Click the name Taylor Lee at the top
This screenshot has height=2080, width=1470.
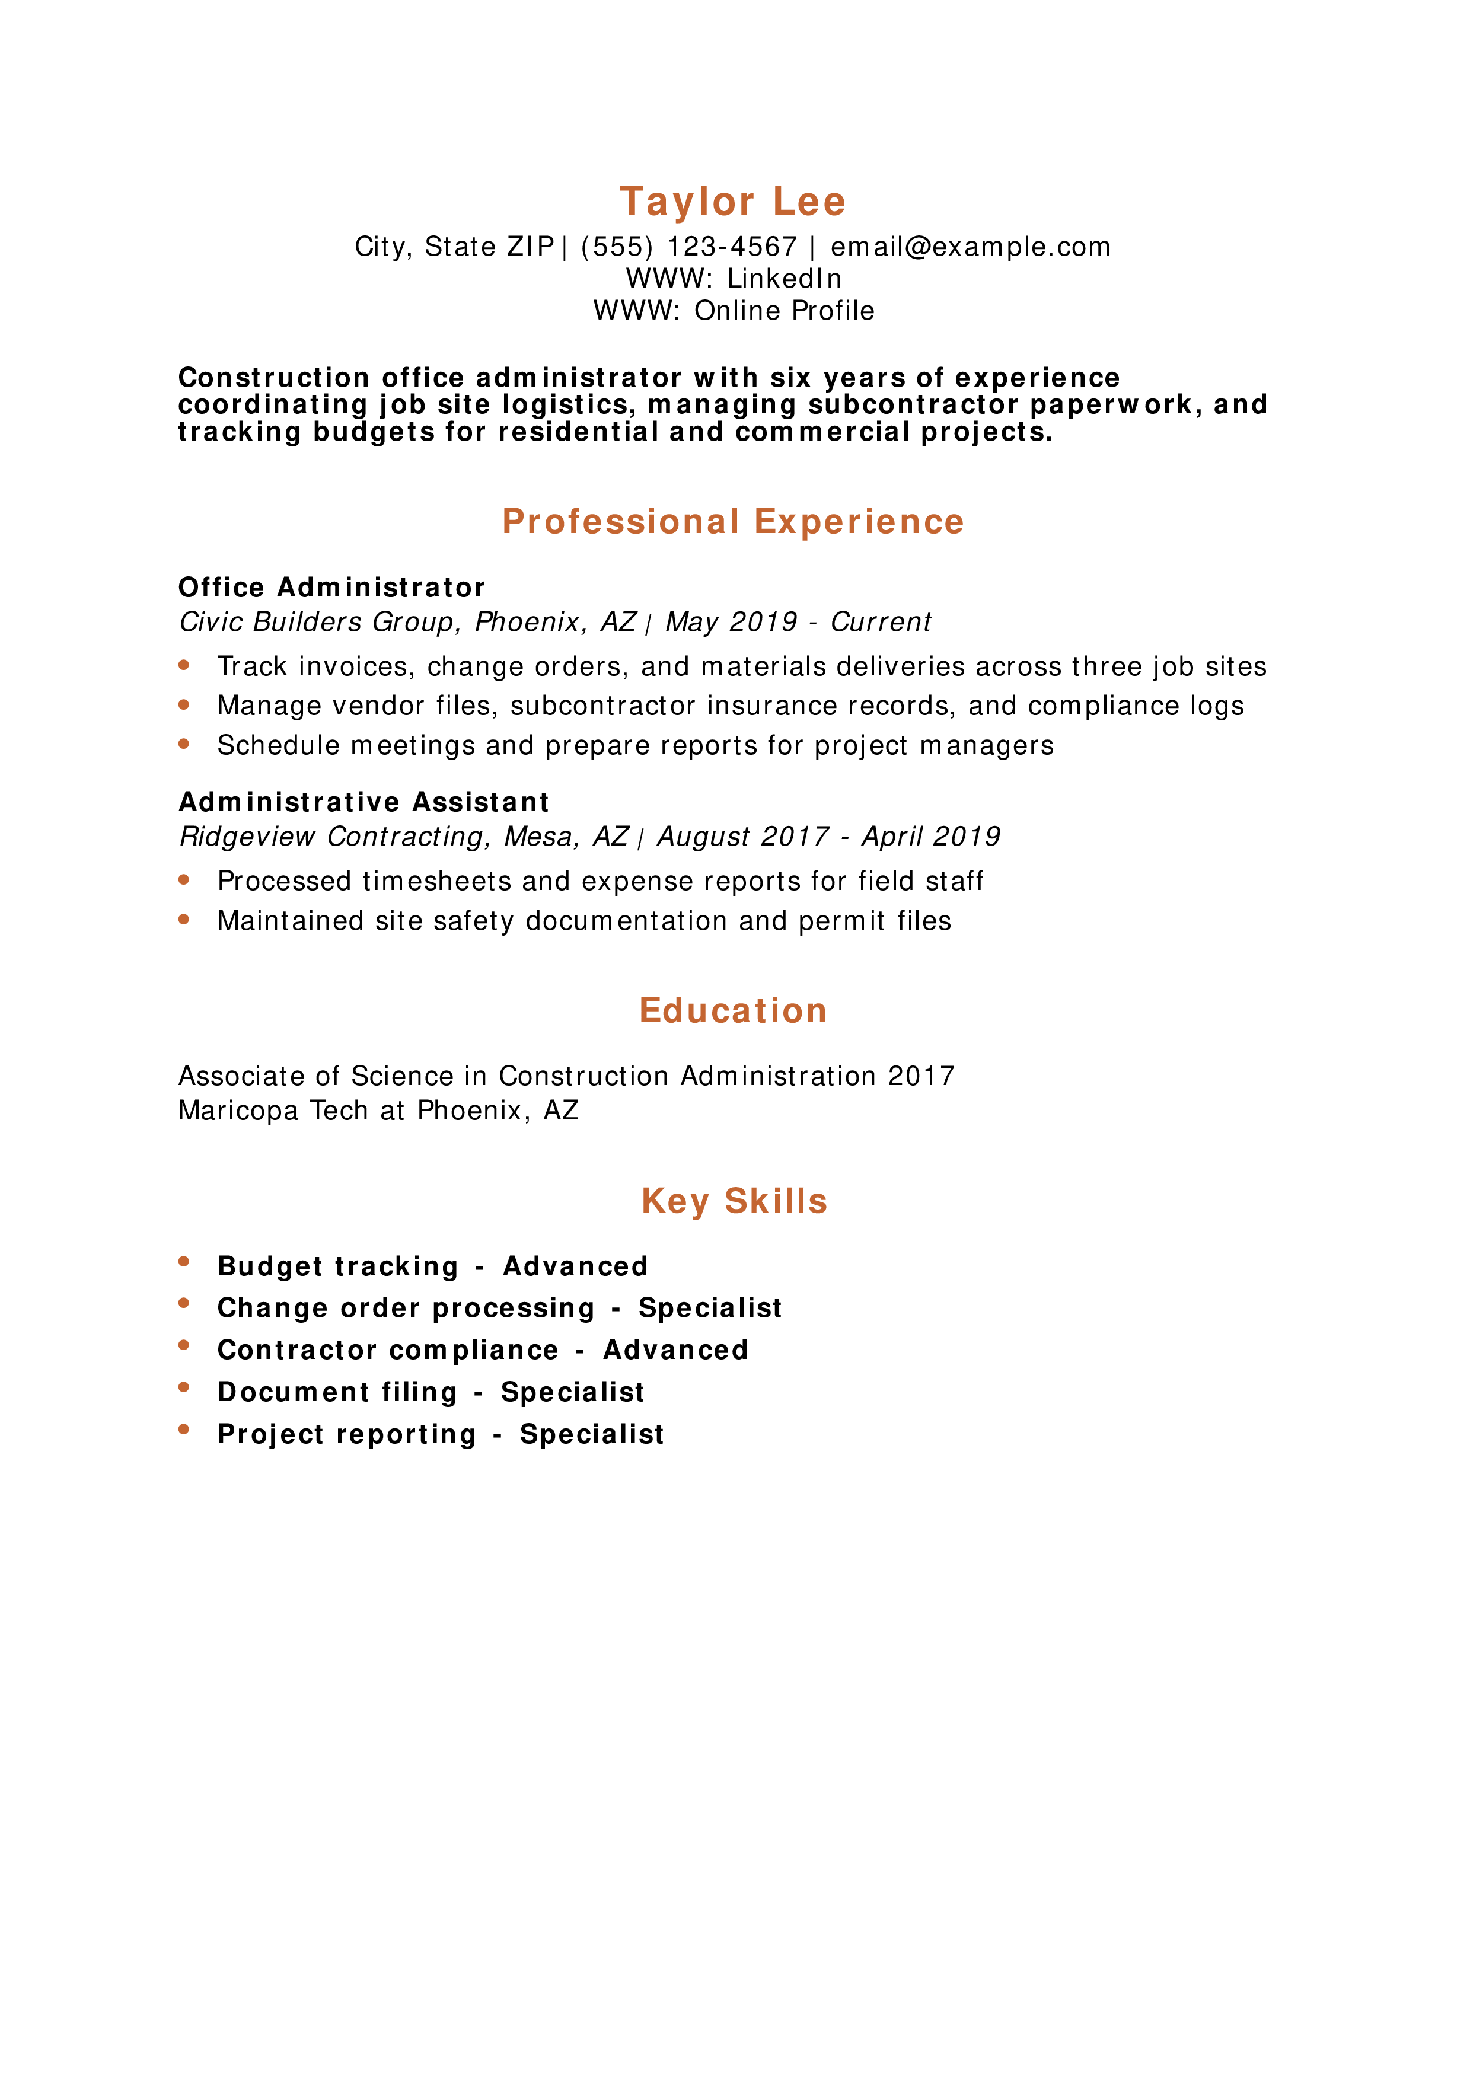[733, 201]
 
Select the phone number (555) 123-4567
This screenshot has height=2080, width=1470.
[688, 247]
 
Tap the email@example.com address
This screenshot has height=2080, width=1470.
[970, 247]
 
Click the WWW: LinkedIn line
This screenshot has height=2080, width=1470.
[734, 278]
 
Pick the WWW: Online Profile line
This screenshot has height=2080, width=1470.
[734, 311]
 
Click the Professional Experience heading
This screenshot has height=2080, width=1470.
[733, 522]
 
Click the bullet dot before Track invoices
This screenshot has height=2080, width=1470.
[184, 665]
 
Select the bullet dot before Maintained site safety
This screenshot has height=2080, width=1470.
[184, 920]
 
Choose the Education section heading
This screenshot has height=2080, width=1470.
[733, 1011]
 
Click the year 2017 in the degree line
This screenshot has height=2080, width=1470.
[921, 1076]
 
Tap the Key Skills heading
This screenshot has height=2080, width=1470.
[734, 1201]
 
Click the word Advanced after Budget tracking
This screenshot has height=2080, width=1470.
[576, 1266]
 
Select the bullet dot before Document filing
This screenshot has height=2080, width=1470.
[184, 1387]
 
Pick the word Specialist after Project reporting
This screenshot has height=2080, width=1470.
[591, 1434]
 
